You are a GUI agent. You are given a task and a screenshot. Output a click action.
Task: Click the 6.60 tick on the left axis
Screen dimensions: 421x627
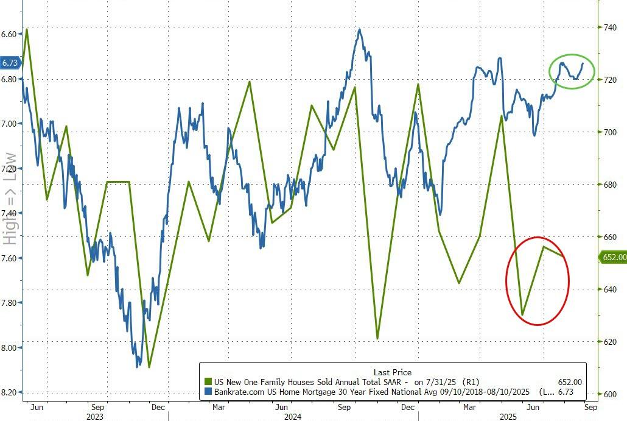(x=10, y=34)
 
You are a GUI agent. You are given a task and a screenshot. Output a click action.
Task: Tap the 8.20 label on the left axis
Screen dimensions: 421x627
(x=10, y=392)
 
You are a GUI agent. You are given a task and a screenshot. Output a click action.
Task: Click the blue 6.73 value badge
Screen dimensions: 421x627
(x=10, y=63)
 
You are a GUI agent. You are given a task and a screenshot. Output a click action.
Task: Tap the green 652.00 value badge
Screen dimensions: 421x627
(x=614, y=258)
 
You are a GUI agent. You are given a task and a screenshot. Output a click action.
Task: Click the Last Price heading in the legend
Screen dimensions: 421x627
(x=392, y=372)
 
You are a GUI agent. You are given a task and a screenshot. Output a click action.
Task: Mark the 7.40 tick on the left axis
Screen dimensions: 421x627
(x=10, y=213)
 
